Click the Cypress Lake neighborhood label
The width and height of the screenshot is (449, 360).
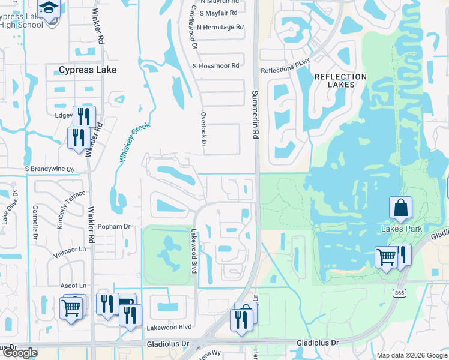(88, 70)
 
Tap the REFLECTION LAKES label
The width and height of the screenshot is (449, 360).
(340, 80)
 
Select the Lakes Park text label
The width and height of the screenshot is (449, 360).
(402, 229)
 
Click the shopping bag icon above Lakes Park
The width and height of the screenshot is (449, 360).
(400, 208)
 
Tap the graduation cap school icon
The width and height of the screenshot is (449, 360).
(48, 8)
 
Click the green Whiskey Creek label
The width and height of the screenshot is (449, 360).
(134, 143)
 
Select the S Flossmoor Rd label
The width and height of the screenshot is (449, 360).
(215, 65)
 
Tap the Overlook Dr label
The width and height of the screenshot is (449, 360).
(203, 129)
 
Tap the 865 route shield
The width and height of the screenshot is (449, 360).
(400, 293)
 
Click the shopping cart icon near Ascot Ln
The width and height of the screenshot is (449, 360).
(71, 308)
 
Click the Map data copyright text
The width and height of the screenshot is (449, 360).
(411, 355)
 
